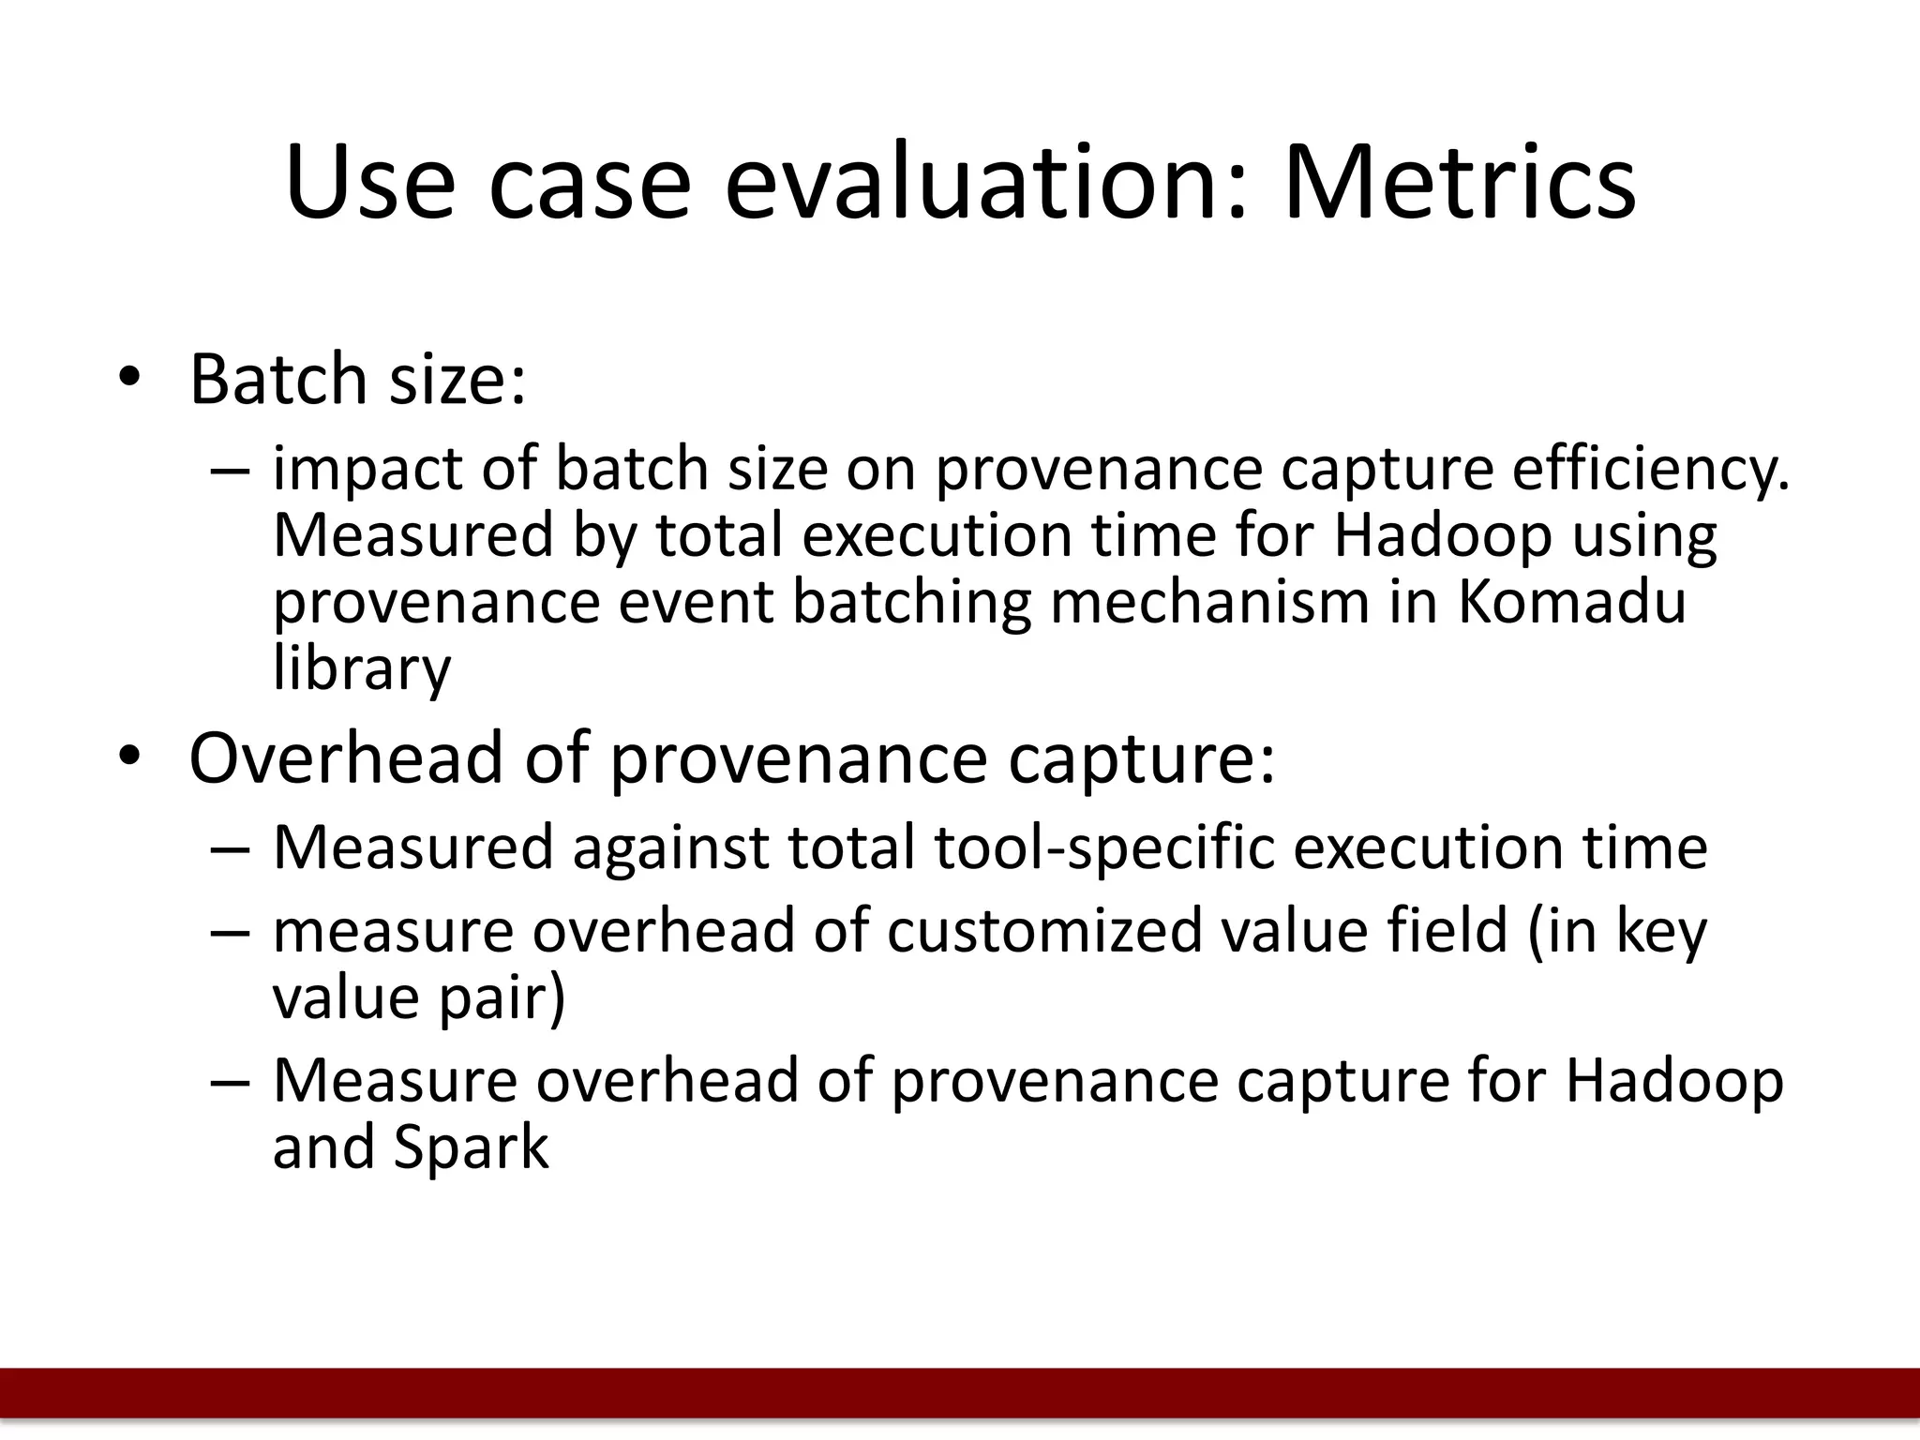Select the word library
(x=362, y=669)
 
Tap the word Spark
(x=471, y=1147)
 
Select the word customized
(x=1044, y=931)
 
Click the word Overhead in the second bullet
(x=345, y=757)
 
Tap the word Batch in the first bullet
(x=277, y=380)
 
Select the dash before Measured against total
(x=231, y=848)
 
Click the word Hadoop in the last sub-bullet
(x=1673, y=1081)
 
